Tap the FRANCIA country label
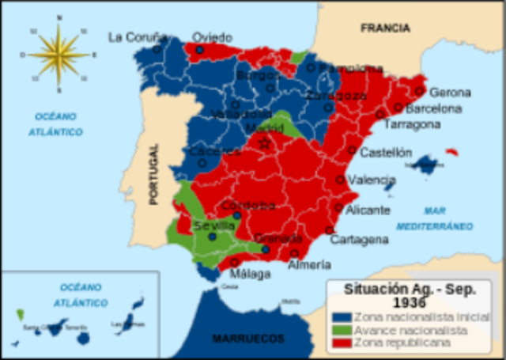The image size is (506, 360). (x=385, y=28)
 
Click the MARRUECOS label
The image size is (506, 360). (x=248, y=338)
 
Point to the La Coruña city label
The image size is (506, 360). (x=138, y=36)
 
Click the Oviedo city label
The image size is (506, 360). (x=212, y=37)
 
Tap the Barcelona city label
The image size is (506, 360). (x=433, y=108)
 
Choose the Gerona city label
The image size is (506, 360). (x=450, y=93)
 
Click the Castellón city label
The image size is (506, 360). (x=386, y=152)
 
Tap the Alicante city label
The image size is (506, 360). (x=368, y=210)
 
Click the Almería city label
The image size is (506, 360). (x=309, y=265)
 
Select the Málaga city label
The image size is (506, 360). (x=250, y=274)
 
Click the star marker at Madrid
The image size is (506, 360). (x=265, y=143)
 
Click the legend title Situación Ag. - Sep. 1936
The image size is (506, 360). (x=410, y=295)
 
